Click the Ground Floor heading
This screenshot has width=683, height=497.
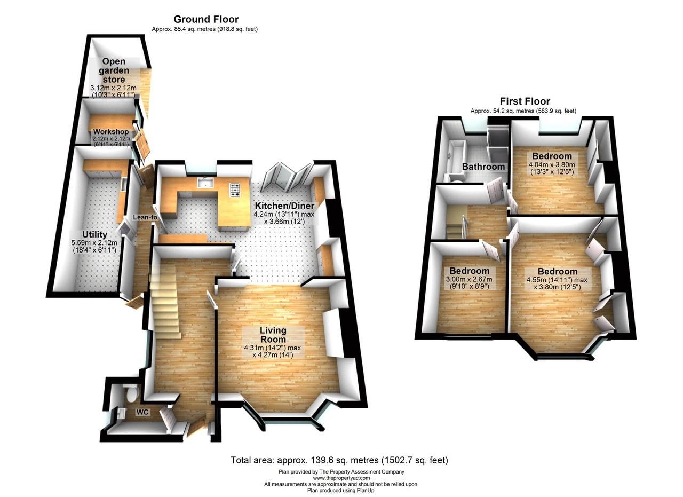205,20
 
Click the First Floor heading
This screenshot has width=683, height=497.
525,101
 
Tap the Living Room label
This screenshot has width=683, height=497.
273,335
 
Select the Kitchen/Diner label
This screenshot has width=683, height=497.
284,206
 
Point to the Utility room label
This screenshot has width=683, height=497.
94,234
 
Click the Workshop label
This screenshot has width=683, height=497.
110,132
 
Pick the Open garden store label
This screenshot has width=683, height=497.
114,70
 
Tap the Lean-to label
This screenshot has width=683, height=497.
145,217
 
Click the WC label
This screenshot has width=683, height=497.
142,412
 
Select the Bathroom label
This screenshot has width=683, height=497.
483,167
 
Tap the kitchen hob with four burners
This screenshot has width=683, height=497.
235,190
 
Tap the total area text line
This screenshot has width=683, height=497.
339,460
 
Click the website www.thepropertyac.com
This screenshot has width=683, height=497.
341,478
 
